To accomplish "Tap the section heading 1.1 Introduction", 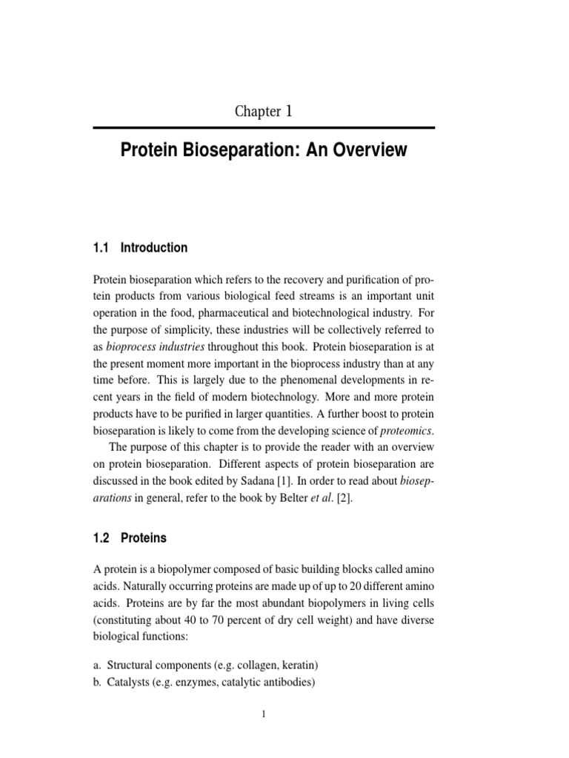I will [x=141, y=248].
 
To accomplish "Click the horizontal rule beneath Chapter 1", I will [x=263, y=128].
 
